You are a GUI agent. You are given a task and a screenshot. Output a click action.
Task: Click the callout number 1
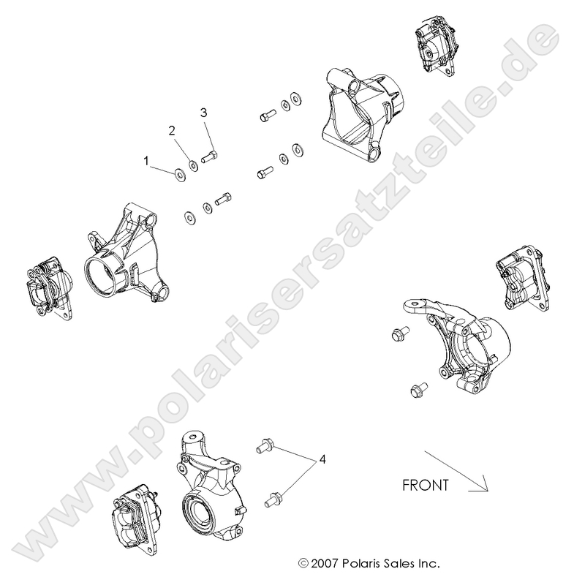click(146, 159)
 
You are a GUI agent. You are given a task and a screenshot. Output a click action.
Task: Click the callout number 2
click(173, 131)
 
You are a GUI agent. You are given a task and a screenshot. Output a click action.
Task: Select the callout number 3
click(204, 113)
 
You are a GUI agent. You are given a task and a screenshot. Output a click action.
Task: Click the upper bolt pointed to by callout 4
click(265, 444)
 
